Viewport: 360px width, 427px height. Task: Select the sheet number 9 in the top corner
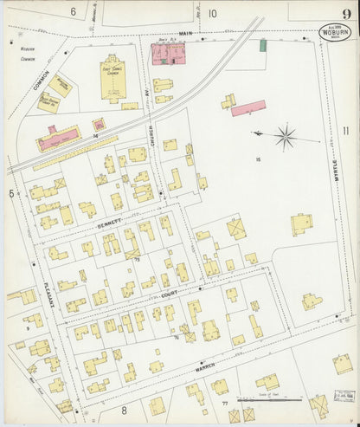[x=344, y=12]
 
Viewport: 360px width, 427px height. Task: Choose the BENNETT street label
[x=104, y=223]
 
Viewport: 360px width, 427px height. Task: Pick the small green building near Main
[x=262, y=44]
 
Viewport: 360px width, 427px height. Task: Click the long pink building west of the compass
[x=247, y=107]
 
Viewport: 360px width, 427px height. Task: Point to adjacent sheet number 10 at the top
[x=211, y=13]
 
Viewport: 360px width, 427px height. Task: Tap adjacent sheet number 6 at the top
[x=73, y=12]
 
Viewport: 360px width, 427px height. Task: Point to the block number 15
[x=257, y=159]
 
